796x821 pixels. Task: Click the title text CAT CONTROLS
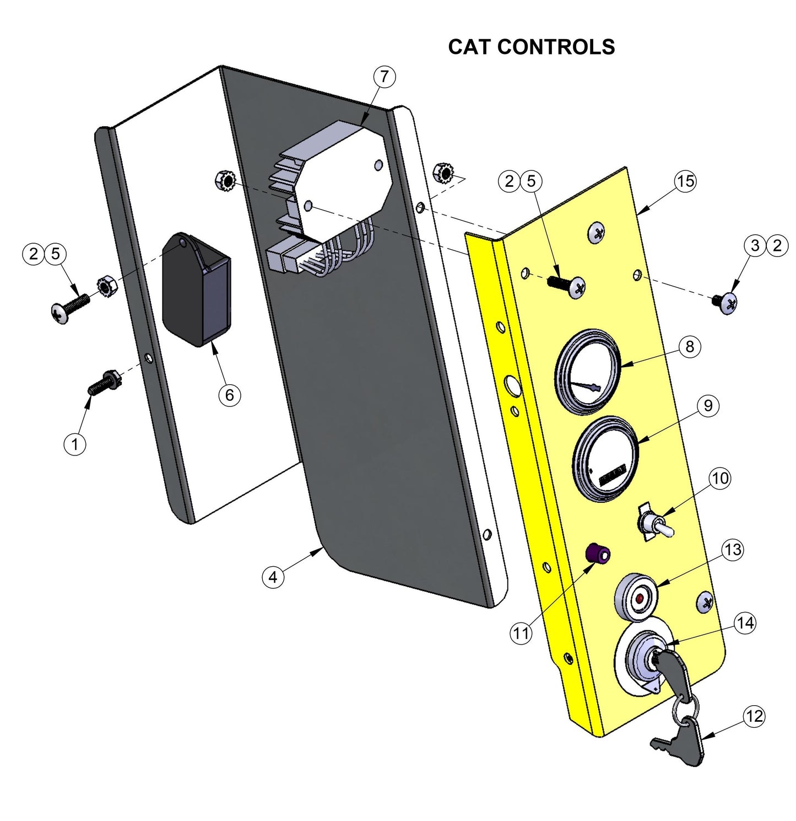click(x=531, y=47)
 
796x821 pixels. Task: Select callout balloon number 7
click(x=385, y=77)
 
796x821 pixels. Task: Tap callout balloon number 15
click(x=685, y=181)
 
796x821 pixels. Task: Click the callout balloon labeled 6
click(x=229, y=395)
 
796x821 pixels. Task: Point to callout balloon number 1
click(x=75, y=443)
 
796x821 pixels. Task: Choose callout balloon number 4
click(x=273, y=577)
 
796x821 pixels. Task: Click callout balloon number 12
click(x=754, y=716)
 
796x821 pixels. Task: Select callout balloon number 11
click(x=521, y=633)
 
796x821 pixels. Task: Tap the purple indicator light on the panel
click(x=597, y=554)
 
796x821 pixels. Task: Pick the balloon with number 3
click(x=755, y=245)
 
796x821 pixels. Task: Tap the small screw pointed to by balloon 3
click(x=727, y=303)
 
